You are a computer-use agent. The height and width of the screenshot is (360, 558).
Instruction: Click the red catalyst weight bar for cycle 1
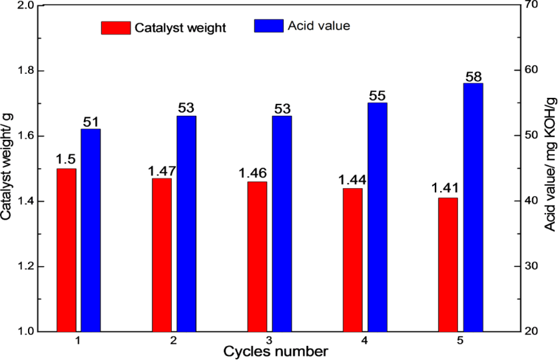(x=67, y=250)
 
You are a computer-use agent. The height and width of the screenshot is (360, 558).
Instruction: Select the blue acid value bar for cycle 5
(x=473, y=207)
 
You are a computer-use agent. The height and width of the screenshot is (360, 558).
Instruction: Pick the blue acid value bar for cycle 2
(x=186, y=224)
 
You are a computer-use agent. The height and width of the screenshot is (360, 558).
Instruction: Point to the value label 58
(x=473, y=76)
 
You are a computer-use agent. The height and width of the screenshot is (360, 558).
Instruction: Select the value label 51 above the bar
(x=91, y=122)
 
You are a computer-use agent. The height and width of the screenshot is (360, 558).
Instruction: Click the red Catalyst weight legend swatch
(x=116, y=28)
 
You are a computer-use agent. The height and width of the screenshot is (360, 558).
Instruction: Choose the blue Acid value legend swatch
(x=268, y=26)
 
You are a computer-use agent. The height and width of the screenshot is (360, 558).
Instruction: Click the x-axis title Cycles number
(x=275, y=350)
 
